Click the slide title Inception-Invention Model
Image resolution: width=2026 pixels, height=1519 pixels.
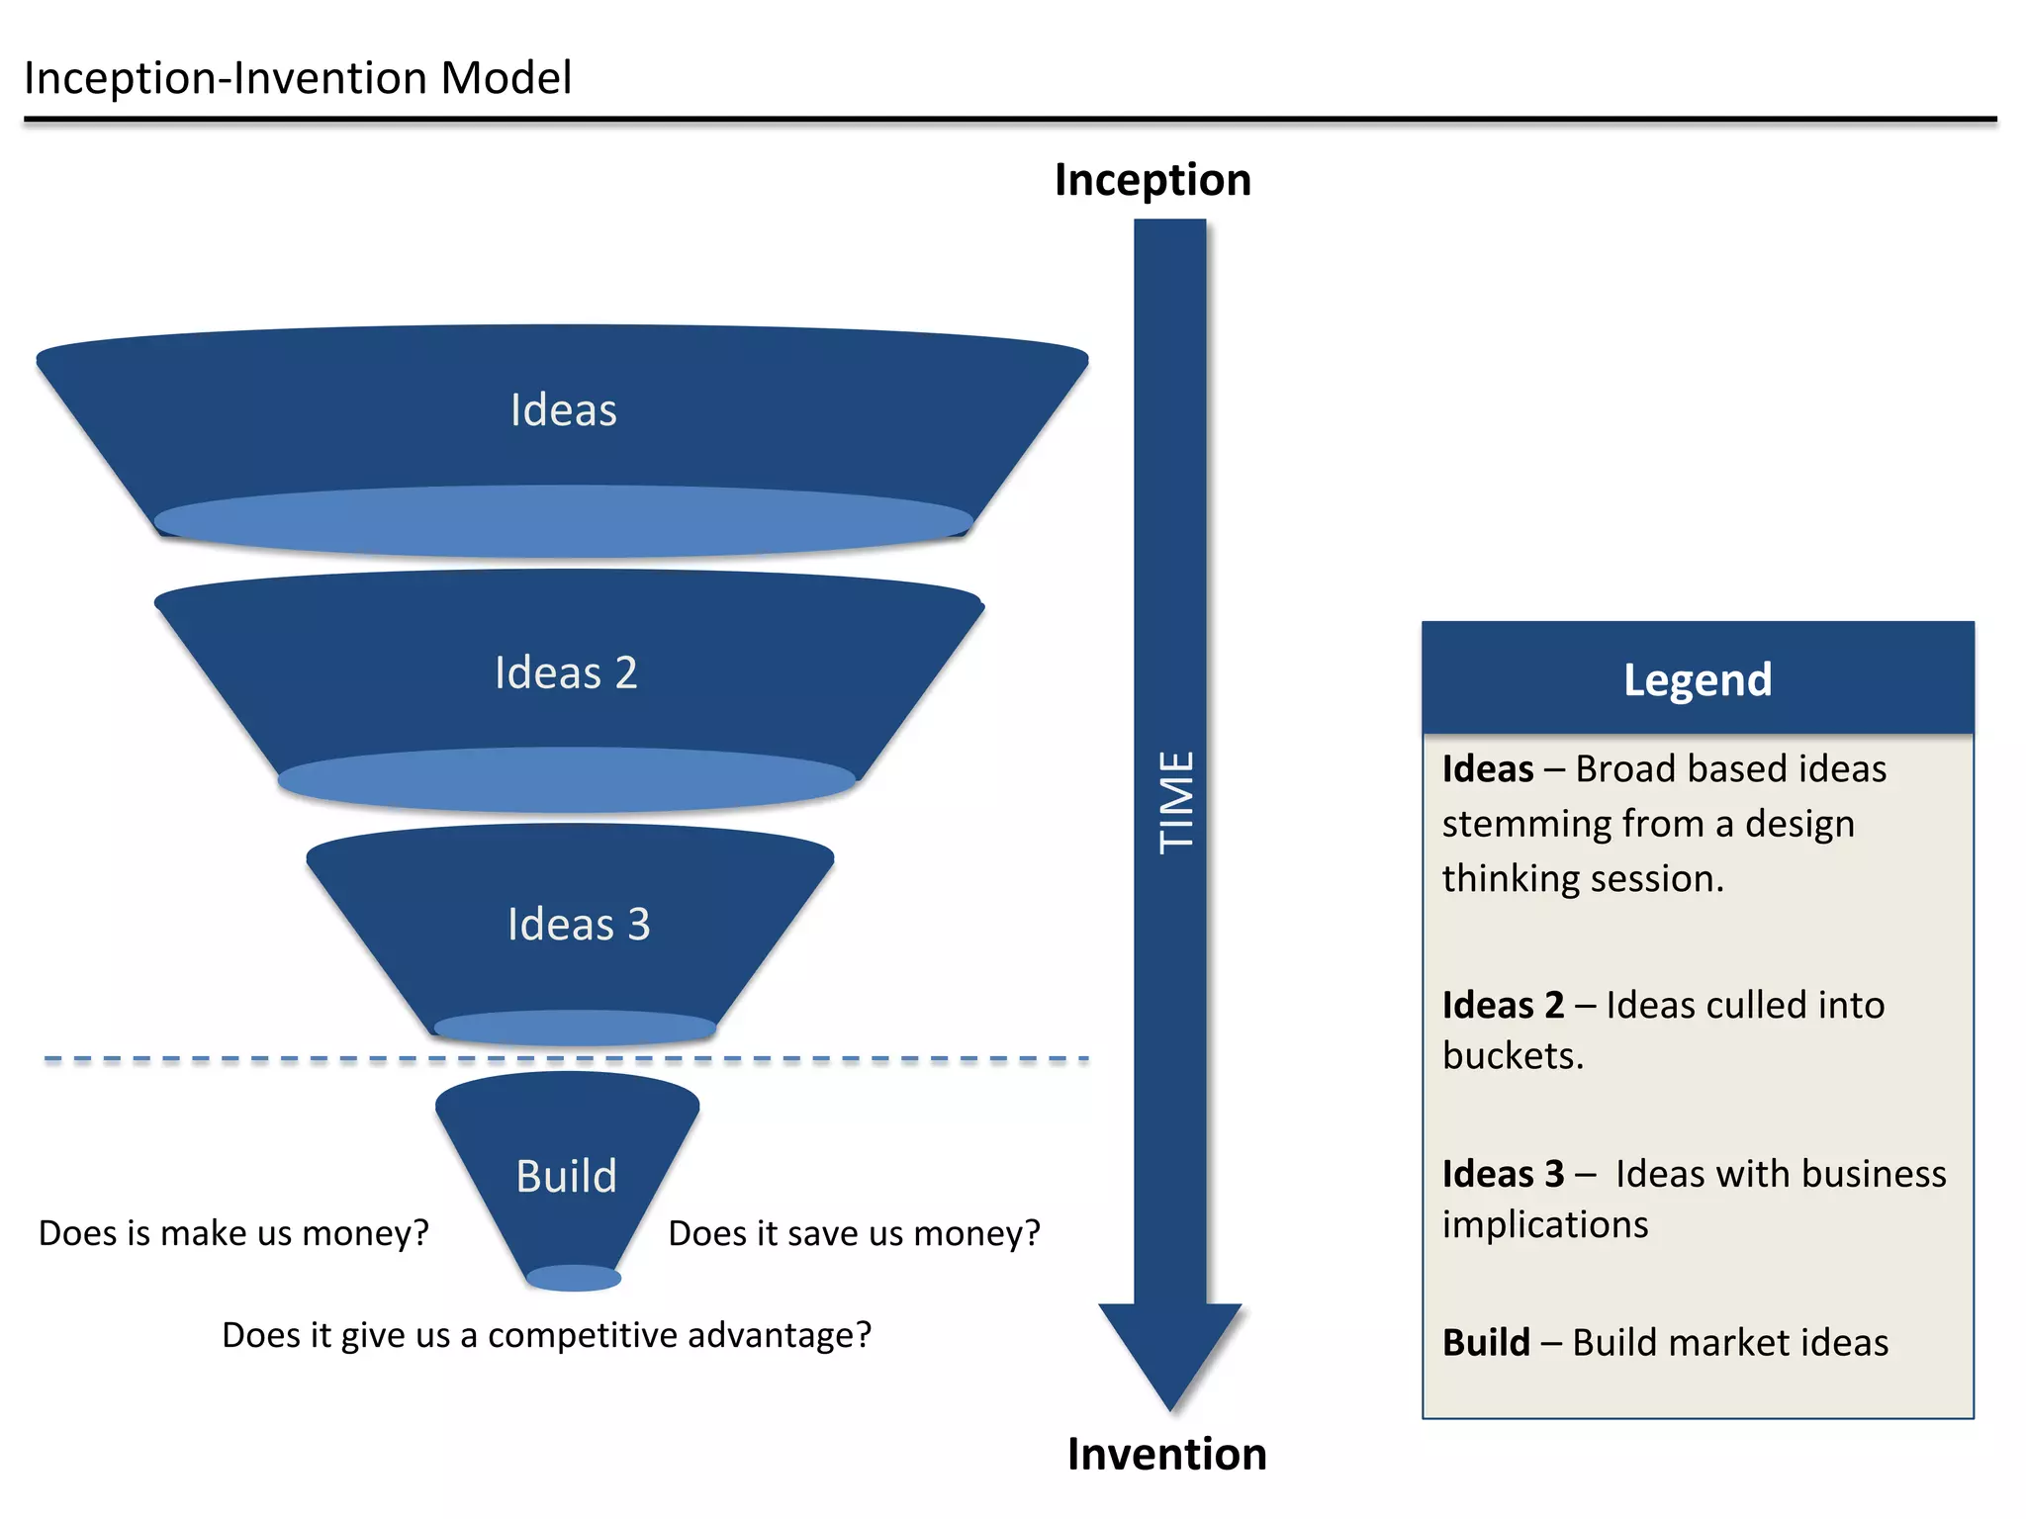(x=297, y=79)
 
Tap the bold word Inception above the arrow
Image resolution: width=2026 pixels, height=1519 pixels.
(x=1152, y=181)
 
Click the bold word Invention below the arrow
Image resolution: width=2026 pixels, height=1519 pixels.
(x=1166, y=1455)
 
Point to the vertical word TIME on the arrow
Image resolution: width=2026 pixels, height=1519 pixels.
(x=1176, y=802)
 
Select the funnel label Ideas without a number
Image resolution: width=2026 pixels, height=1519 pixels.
(x=563, y=410)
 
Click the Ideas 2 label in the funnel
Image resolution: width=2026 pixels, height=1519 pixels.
(x=566, y=673)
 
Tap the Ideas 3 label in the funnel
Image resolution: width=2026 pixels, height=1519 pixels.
(x=579, y=925)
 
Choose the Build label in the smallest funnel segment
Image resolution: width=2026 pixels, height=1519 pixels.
(x=566, y=1177)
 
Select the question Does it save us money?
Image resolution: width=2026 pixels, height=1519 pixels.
(x=854, y=1233)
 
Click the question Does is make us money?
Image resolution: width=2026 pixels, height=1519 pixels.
(x=233, y=1233)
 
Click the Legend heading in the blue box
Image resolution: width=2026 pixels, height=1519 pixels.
(x=1698, y=680)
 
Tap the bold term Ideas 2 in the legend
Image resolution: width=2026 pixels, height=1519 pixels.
(x=1503, y=1006)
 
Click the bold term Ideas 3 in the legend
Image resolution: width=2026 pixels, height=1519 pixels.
(x=1503, y=1175)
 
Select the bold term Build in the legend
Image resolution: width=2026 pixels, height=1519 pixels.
(x=1486, y=1343)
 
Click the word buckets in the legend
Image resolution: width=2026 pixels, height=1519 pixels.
(x=1513, y=1056)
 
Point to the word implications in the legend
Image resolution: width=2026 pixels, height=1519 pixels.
(x=1544, y=1225)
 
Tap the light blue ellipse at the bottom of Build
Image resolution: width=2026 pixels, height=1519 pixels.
(x=574, y=1278)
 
